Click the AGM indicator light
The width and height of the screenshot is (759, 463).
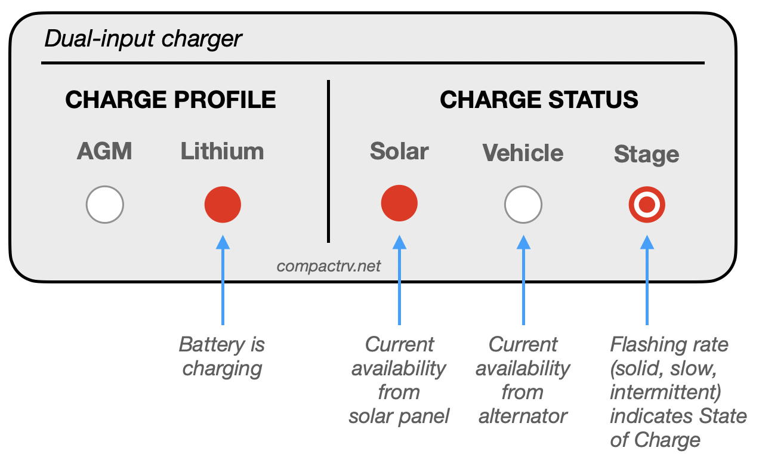[x=104, y=205]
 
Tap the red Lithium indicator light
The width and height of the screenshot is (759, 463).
[x=223, y=204]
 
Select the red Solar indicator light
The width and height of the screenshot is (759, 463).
[x=399, y=203]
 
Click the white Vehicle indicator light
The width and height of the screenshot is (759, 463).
[x=523, y=205]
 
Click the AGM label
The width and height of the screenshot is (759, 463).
[x=104, y=151]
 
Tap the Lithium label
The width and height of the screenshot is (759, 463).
[x=223, y=151]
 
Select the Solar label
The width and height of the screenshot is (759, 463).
[x=399, y=151]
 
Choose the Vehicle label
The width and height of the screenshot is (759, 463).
[x=523, y=153]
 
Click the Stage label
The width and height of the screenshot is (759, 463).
[x=646, y=155]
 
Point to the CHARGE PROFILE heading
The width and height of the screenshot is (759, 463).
[x=171, y=100]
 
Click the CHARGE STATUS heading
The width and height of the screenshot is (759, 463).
[x=539, y=100]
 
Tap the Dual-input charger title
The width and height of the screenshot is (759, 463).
[x=143, y=39]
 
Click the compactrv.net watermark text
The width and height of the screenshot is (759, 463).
[x=329, y=266]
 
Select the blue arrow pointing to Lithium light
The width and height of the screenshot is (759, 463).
[x=223, y=280]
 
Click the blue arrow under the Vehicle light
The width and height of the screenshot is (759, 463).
[x=523, y=280]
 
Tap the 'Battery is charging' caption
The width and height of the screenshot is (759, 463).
[x=222, y=357]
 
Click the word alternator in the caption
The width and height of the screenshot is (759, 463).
[x=523, y=416]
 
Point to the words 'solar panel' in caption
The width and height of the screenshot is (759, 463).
[x=399, y=416]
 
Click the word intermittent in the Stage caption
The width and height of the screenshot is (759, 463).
[x=665, y=392]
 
